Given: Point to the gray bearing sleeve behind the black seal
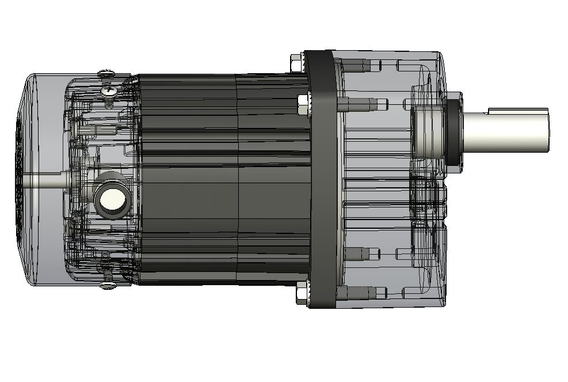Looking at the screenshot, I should coord(429,130).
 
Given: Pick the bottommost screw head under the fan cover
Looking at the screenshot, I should coord(108,285).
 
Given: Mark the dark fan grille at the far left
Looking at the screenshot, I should coord(18,179).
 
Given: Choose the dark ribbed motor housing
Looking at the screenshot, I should coord(219,179).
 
